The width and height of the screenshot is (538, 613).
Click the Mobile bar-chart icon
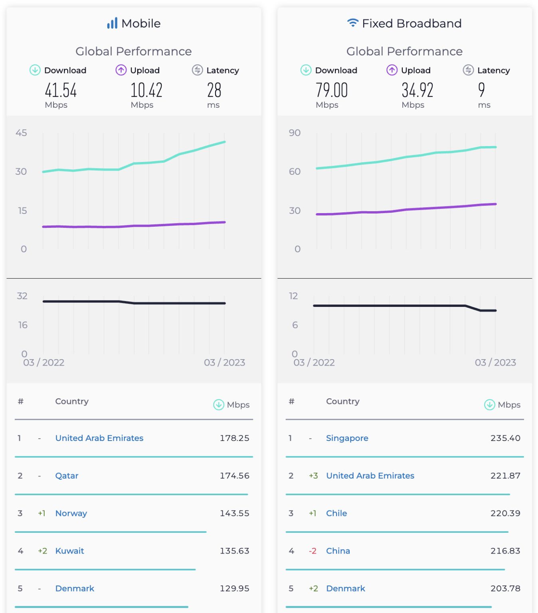pos(112,23)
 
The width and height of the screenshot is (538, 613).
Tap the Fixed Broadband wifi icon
pos(352,23)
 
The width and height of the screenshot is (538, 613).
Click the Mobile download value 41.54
pos(61,90)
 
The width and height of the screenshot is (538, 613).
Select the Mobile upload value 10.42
pos(146,90)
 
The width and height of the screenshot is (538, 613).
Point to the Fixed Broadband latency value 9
pos(481,90)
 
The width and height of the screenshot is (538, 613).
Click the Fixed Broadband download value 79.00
pos(332,90)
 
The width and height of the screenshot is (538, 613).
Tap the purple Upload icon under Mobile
pos(121,70)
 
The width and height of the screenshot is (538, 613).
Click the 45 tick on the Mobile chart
pos(21,133)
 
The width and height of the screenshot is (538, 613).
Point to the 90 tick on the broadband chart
pos(295,133)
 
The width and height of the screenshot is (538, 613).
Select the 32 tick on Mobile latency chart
pos(22,296)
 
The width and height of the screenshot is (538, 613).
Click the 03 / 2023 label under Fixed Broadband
pos(495,362)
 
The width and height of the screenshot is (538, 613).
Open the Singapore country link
pos(347,438)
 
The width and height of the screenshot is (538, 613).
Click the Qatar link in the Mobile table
pos(67,476)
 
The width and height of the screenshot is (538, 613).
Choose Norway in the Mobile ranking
pos(71,513)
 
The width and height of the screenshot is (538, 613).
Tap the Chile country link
pos(336,513)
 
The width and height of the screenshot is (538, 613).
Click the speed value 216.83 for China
pos(505,551)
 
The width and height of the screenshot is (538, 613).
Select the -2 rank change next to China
pos(313,551)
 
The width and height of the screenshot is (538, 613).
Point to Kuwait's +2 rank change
pos(42,551)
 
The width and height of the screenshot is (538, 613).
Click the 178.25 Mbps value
pos(234,438)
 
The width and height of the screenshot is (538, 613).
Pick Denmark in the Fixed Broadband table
pos(346,588)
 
